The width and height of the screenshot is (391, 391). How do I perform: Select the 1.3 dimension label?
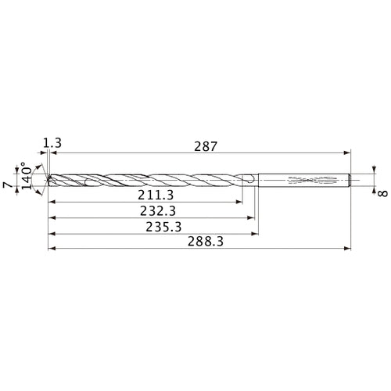[52, 143]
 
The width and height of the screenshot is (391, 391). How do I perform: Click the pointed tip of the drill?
[48, 181]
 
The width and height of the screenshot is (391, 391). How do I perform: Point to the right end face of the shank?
[349, 181]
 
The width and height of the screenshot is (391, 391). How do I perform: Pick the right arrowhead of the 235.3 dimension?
[257, 233]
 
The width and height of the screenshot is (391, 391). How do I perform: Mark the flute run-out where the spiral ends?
[247, 181]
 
